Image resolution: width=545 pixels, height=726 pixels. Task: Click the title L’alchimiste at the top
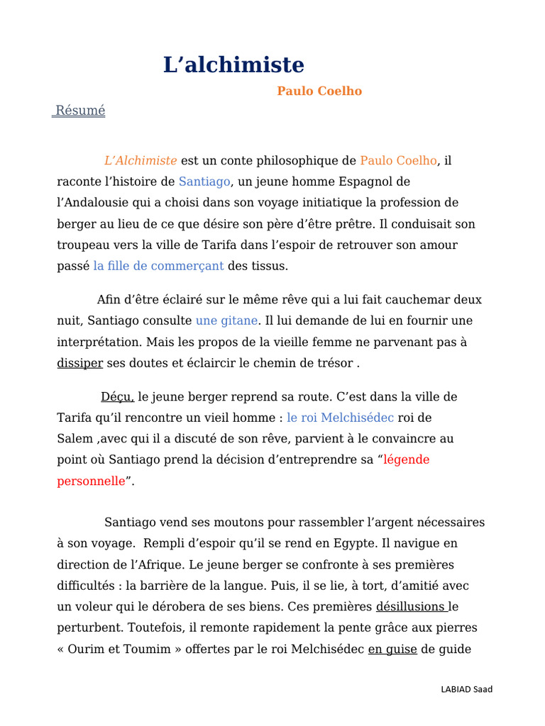point(233,65)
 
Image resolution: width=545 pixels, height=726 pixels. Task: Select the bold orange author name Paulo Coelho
point(319,91)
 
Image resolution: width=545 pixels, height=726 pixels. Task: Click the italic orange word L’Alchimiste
point(141,161)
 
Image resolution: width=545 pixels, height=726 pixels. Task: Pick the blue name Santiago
point(204,182)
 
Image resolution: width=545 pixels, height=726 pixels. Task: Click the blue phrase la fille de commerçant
point(158,267)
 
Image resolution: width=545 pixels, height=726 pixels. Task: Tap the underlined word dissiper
point(80,363)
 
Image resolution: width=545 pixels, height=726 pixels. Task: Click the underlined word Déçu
point(117,396)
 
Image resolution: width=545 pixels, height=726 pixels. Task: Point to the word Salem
point(75,439)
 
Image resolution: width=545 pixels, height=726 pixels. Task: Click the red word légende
point(406,460)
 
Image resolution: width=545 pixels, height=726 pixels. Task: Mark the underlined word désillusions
point(412,607)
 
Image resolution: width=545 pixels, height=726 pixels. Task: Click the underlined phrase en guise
point(392,649)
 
